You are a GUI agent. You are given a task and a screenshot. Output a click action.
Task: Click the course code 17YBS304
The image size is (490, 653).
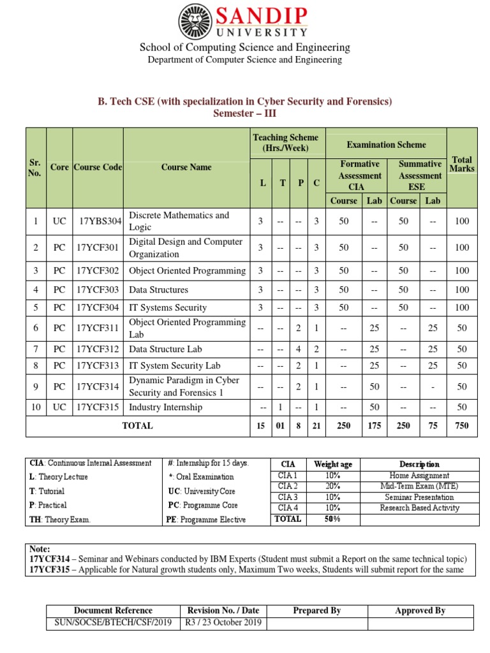(x=98, y=221)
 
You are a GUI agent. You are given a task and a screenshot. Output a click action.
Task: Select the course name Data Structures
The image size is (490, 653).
(x=158, y=290)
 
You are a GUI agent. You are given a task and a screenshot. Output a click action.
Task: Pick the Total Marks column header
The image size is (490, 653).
(x=462, y=164)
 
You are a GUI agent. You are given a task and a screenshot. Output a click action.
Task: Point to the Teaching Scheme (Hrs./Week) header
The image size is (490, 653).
(x=285, y=143)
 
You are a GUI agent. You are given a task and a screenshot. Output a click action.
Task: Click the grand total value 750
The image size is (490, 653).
(x=462, y=425)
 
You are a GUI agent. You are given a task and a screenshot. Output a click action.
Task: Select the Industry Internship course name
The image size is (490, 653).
(x=165, y=407)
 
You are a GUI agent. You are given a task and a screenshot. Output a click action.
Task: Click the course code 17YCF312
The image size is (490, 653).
(x=98, y=349)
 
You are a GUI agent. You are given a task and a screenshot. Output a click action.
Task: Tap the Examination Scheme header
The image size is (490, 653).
(x=386, y=145)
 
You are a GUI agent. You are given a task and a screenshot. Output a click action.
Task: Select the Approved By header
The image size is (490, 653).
(x=420, y=610)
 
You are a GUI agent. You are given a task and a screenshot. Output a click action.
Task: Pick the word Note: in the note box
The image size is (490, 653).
(x=40, y=548)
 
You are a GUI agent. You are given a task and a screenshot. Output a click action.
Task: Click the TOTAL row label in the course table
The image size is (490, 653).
(x=137, y=425)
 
